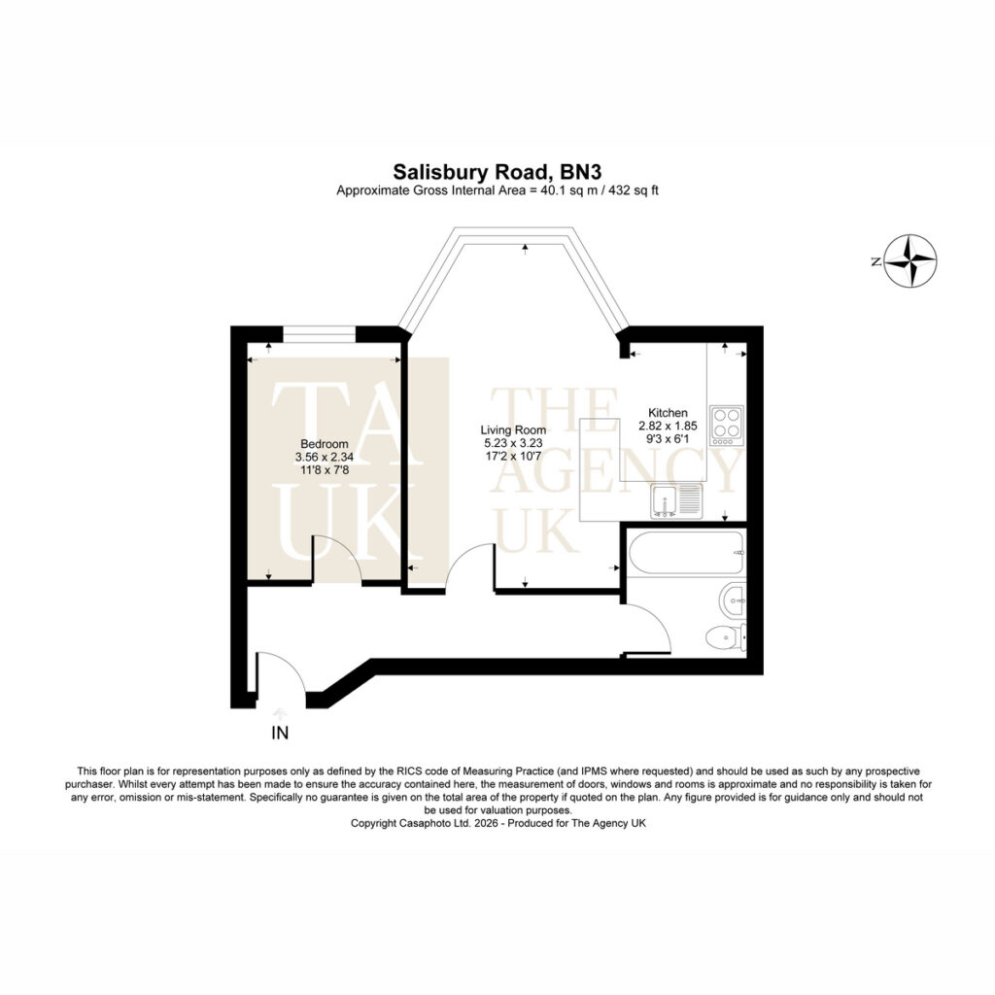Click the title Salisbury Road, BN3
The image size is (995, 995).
tap(497, 172)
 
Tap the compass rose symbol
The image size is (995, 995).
tap(909, 260)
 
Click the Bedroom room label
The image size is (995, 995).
tap(325, 444)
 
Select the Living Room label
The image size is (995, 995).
tap(513, 429)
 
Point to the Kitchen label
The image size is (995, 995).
tap(668, 412)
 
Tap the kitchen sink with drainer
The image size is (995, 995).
tap(675, 501)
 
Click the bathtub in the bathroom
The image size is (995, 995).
tap(685, 553)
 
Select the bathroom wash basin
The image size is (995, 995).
tap(733, 599)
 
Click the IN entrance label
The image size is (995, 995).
tap(280, 733)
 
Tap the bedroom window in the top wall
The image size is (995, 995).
tap(319, 334)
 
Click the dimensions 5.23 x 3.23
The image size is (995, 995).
tap(513, 443)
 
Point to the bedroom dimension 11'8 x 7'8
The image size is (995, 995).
tap(325, 471)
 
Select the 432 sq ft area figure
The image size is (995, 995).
tap(634, 190)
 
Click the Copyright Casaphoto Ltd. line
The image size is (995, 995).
tap(498, 823)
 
